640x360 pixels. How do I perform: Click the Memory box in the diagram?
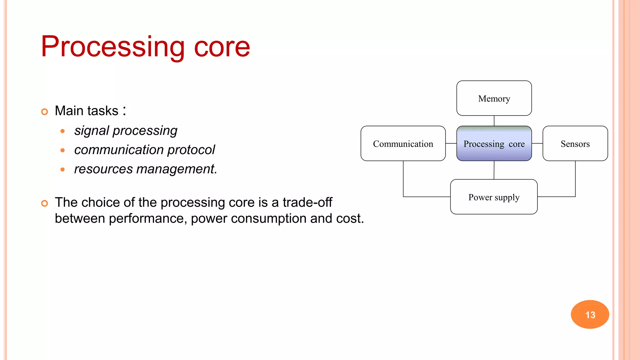pyautogui.click(x=494, y=98)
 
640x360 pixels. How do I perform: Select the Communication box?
pyautogui.click(x=403, y=143)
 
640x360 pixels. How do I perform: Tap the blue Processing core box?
pyautogui.click(x=494, y=143)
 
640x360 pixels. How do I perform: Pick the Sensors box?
pyautogui.click(x=575, y=143)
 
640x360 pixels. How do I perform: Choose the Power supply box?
pyautogui.click(x=494, y=197)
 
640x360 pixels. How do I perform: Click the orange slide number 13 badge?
pyautogui.click(x=590, y=314)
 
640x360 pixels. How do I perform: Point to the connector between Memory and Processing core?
pyautogui.click(x=494, y=121)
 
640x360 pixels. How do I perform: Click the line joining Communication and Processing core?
pyautogui.click(x=451, y=143)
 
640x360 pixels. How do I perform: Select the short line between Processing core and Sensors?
pyautogui.click(x=537, y=143)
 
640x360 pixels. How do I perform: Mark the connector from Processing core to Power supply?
pyautogui.click(x=494, y=170)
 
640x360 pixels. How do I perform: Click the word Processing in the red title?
pyautogui.click(x=112, y=47)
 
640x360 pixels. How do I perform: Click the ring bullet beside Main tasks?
pyautogui.click(x=45, y=112)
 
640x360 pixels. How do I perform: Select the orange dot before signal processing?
pyautogui.click(x=62, y=131)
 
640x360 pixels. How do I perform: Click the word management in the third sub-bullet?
pyautogui.click(x=177, y=169)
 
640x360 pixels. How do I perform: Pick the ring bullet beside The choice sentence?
pyautogui.click(x=45, y=203)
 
